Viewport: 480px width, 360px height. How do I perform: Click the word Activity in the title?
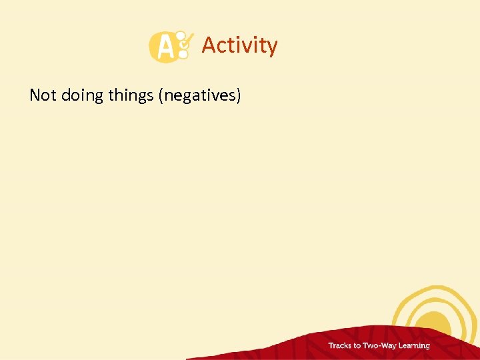pyautogui.click(x=239, y=45)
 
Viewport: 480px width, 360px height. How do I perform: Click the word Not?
pyautogui.click(x=43, y=95)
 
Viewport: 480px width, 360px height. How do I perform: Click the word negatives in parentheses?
pyautogui.click(x=199, y=96)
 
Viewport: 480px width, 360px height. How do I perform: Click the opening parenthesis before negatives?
pyautogui.click(x=161, y=96)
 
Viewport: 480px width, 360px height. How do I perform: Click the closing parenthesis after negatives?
pyautogui.click(x=237, y=96)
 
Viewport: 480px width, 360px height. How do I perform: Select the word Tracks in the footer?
pyautogui.click(x=340, y=345)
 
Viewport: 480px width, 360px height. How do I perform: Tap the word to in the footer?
pyautogui.click(x=358, y=345)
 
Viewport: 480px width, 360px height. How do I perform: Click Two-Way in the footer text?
pyautogui.click(x=381, y=345)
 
